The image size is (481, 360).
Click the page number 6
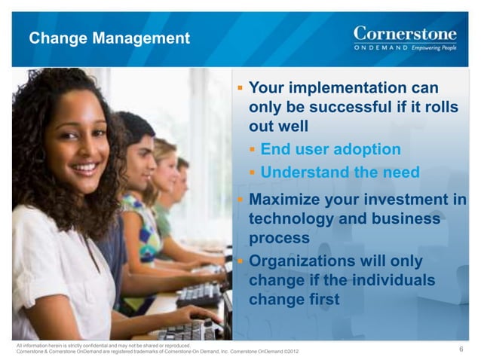(461, 348)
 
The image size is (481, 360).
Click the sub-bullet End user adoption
(330, 149)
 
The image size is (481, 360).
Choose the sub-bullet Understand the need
(339, 172)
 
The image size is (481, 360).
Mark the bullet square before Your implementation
(240, 89)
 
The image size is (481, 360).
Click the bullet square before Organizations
(240, 261)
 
